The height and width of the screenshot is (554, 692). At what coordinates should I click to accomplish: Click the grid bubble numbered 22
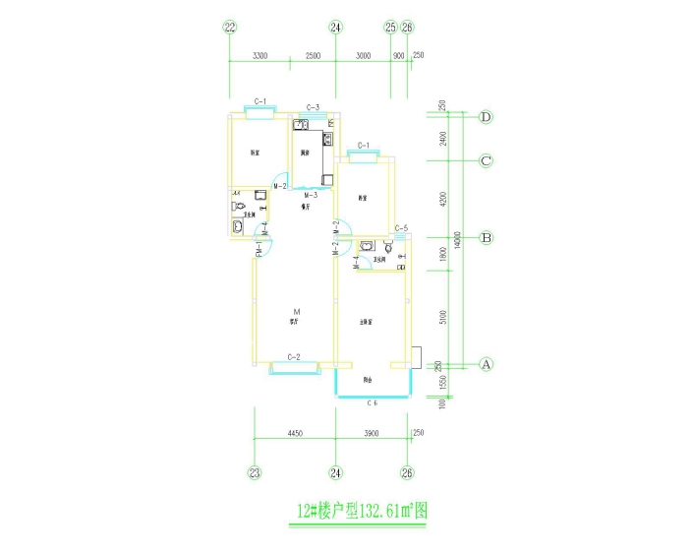tap(230, 28)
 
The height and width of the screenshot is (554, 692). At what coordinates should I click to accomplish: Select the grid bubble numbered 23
tap(255, 473)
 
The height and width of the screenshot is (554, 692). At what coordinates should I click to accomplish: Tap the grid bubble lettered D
tap(486, 117)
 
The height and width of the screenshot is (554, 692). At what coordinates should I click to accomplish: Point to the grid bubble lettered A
tap(486, 363)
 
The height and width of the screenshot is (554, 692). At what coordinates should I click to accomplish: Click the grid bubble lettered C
tap(486, 160)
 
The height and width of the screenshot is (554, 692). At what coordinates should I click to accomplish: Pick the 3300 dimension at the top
tap(259, 57)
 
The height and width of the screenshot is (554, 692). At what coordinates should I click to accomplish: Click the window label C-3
tap(313, 107)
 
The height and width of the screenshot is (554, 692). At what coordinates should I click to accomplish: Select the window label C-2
tap(293, 356)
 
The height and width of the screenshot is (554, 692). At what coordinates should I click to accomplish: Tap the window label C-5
tap(401, 229)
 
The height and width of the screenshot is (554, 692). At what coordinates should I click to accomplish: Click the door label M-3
tap(308, 196)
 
